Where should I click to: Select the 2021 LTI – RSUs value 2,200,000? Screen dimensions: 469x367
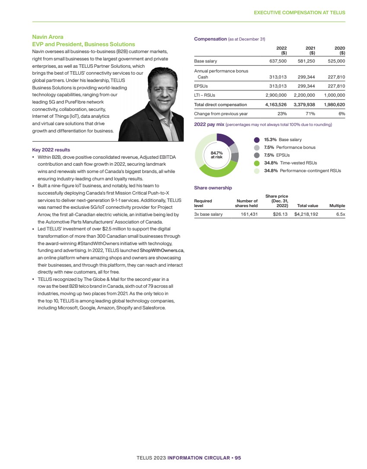(x=305, y=95)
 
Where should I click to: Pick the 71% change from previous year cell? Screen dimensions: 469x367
(x=310, y=113)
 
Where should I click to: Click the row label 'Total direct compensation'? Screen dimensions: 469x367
(x=220, y=104)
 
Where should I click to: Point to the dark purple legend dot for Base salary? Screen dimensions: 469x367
(x=257, y=140)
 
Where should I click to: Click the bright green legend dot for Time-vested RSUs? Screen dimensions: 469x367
(x=257, y=163)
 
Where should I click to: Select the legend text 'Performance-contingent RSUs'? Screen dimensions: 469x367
(x=310, y=171)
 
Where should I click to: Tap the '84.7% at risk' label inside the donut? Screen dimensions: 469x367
(x=216, y=155)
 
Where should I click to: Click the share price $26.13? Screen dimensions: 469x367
(x=281, y=214)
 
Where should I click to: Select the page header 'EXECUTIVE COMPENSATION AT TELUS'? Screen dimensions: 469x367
(x=299, y=13)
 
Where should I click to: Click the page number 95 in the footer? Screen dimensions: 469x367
(x=244, y=457)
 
